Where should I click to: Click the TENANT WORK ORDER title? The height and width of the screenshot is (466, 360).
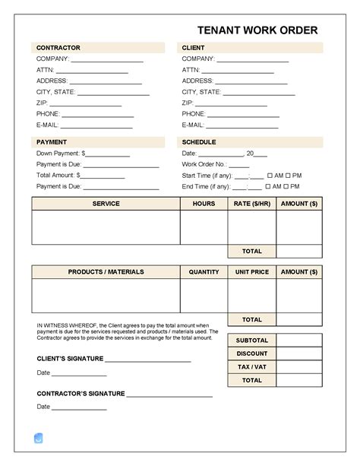coord(257,30)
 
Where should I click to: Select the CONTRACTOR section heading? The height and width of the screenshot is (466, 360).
coord(58,48)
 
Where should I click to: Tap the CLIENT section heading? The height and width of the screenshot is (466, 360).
coord(194,48)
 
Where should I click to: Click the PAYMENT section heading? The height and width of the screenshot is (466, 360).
coord(52,142)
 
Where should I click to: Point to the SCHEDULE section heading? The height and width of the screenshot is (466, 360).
coord(199,142)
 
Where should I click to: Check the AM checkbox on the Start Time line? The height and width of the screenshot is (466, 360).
coord(268,175)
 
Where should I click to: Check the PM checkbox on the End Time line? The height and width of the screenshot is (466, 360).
coord(287,186)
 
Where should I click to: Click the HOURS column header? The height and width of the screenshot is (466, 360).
coord(204,204)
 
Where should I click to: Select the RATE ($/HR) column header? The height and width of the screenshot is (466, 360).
coord(251,204)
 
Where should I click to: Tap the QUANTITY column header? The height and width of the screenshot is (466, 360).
coord(204,271)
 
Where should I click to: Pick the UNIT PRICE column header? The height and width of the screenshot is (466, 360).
coord(251,271)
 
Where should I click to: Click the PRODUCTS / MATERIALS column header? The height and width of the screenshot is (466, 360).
coord(106,271)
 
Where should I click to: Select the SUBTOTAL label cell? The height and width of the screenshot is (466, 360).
coord(251,340)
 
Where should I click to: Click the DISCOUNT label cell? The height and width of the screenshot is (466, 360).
coord(251,353)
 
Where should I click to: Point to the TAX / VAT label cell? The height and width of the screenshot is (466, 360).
coord(251,367)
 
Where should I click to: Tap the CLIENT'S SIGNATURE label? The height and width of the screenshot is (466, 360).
coord(70,358)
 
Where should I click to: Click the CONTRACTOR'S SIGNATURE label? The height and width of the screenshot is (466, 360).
coord(81,394)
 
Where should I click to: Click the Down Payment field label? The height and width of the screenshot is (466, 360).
coord(58,153)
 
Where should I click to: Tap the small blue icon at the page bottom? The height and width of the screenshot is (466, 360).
coord(39,438)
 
